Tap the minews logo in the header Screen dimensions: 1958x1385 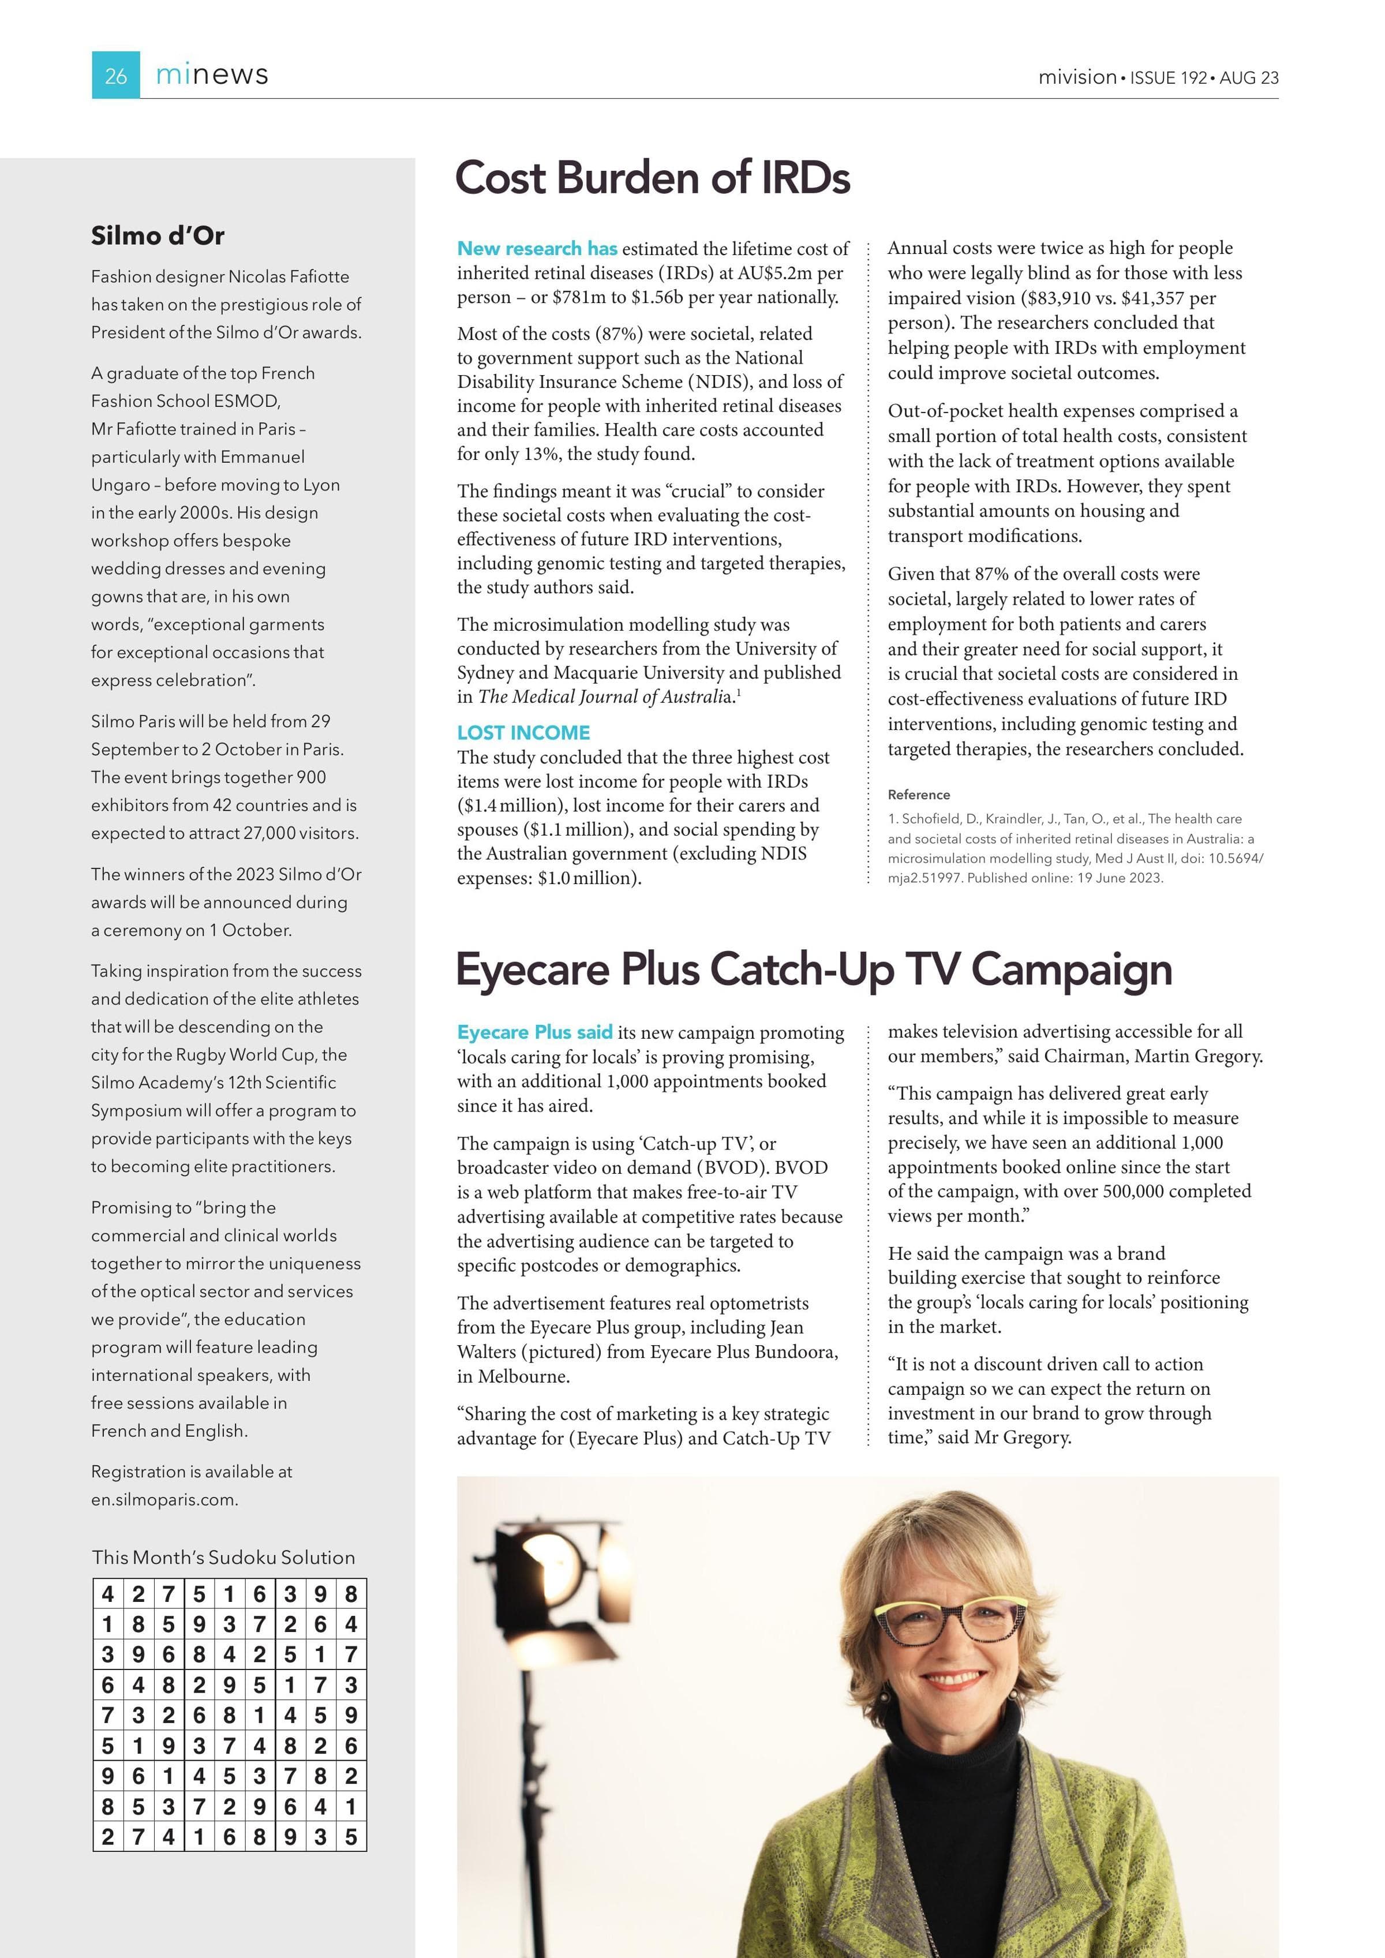[x=212, y=75]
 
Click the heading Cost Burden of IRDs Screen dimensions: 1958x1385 [x=653, y=177]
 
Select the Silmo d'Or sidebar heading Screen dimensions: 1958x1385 [x=158, y=235]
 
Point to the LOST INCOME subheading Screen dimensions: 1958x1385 [x=523, y=732]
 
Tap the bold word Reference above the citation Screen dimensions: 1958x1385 [x=919, y=795]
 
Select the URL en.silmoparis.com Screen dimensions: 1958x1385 [x=164, y=1499]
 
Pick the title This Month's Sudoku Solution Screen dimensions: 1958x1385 [x=223, y=1557]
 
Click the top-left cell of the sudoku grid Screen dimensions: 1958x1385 [x=107, y=1594]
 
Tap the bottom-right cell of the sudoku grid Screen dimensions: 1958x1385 [x=350, y=1836]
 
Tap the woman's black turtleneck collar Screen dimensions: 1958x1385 [x=946, y=1740]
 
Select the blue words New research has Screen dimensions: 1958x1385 [x=537, y=248]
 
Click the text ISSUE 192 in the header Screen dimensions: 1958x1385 [x=1169, y=77]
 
